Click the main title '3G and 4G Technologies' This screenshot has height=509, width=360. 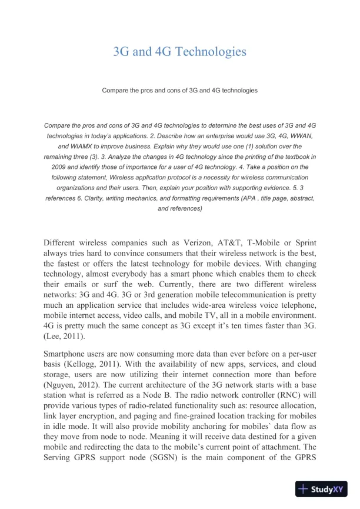point(179,52)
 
